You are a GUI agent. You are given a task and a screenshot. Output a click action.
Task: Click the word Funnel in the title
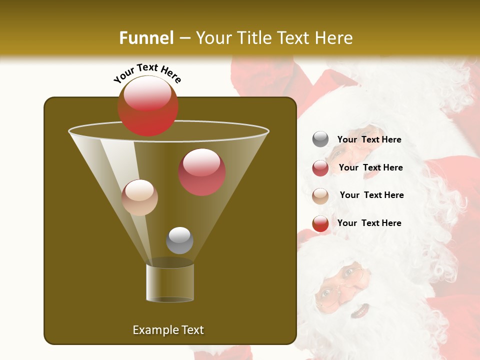(x=146, y=37)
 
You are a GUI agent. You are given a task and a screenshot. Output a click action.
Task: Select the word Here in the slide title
(x=333, y=37)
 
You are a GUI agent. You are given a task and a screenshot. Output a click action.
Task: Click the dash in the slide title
(x=184, y=38)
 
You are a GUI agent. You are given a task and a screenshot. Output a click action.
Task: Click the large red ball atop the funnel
(x=147, y=105)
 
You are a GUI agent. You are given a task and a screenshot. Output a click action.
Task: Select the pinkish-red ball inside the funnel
(x=202, y=172)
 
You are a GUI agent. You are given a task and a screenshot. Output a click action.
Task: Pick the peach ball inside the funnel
(x=139, y=197)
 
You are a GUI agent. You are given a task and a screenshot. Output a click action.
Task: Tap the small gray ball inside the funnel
(x=179, y=240)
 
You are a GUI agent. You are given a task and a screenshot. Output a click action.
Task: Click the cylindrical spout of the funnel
(x=170, y=282)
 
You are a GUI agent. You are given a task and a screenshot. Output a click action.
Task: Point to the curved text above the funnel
(x=147, y=73)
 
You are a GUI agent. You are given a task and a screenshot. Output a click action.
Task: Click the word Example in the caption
(x=155, y=330)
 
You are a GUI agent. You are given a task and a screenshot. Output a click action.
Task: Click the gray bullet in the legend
(x=320, y=139)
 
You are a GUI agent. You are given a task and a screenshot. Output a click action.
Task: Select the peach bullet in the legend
(x=320, y=196)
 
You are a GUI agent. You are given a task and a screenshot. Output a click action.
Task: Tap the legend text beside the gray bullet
(x=369, y=139)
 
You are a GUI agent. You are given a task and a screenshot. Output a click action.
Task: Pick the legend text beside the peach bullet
(x=371, y=195)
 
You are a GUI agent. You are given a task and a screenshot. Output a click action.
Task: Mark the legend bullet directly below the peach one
(x=320, y=223)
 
